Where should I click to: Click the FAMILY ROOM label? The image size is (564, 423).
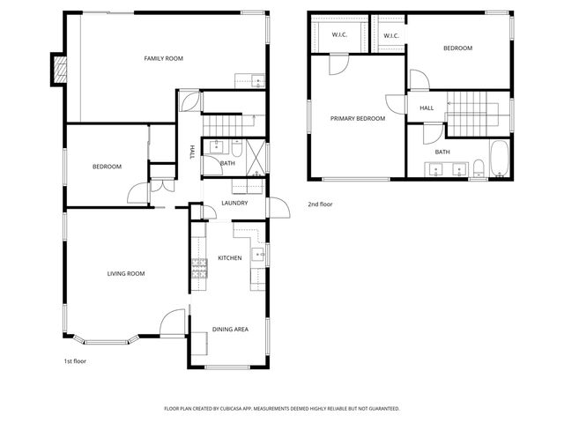[x=163, y=58]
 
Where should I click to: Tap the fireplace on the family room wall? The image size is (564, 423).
[x=59, y=70]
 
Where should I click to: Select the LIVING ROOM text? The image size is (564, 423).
[x=126, y=274]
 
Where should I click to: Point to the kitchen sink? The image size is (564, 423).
[x=257, y=256]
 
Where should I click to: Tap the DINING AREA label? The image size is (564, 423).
[x=229, y=329]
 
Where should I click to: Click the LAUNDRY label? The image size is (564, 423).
[x=234, y=203]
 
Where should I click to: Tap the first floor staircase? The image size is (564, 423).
[x=227, y=123]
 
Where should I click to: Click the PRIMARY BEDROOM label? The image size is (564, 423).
[x=358, y=118]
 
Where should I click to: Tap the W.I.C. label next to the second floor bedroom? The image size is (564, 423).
[x=390, y=36]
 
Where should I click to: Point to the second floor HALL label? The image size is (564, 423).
[x=427, y=108]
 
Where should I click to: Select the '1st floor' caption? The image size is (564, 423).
[x=75, y=360]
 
